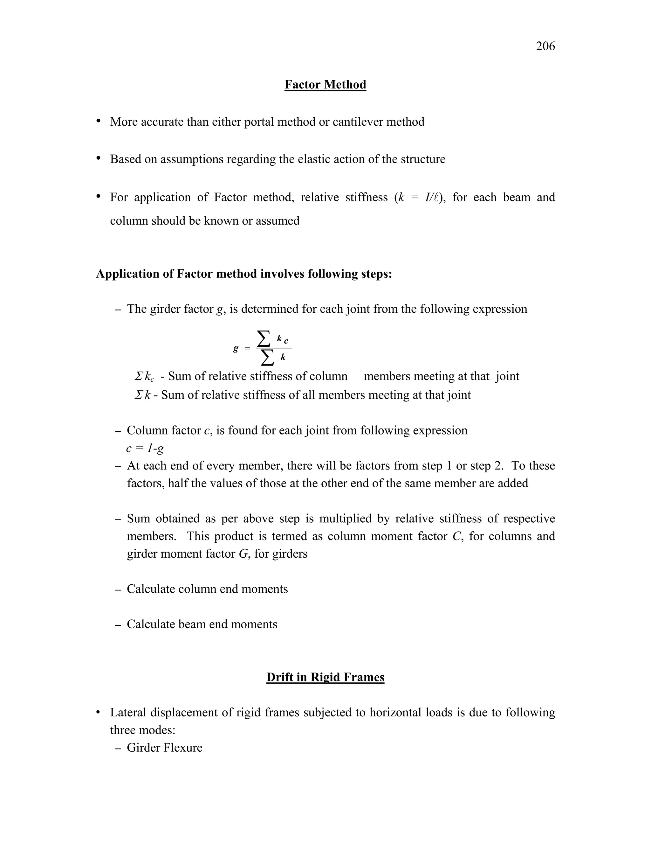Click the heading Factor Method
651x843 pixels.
click(325, 85)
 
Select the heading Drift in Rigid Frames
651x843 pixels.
click(325, 677)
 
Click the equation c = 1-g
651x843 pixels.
click(145, 448)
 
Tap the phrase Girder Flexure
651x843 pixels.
click(164, 748)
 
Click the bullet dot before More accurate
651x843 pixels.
click(99, 121)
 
